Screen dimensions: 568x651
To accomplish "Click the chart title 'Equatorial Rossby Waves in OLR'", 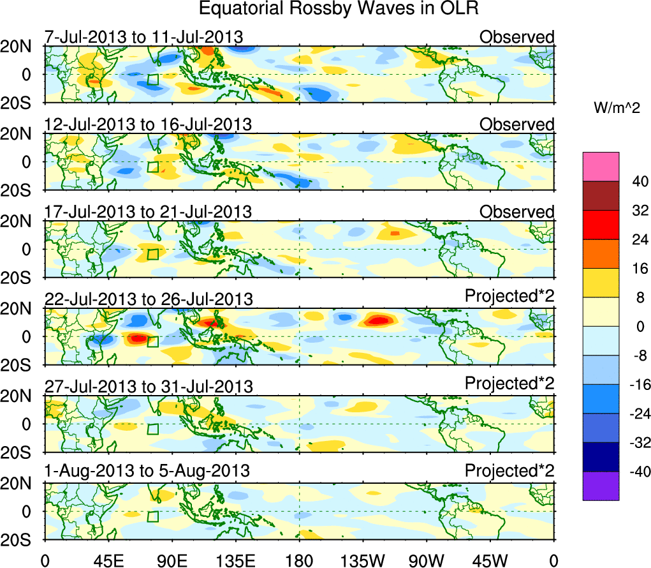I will click(338, 9).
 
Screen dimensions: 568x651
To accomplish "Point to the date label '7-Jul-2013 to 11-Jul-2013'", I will click(143, 37).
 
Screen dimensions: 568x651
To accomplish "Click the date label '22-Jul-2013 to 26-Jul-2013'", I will click(149, 299).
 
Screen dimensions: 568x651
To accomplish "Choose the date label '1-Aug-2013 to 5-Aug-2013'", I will click(147, 471).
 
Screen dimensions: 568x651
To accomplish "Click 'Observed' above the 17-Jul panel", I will click(517, 211).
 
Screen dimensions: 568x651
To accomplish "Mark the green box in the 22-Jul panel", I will click(153, 341).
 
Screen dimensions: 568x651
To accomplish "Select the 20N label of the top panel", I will click(20, 46).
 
